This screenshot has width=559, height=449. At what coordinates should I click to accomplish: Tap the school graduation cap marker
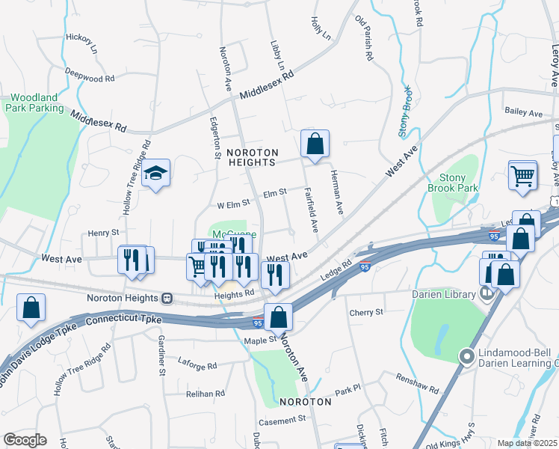(x=155, y=174)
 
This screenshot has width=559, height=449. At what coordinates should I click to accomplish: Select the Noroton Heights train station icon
(x=168, y=298)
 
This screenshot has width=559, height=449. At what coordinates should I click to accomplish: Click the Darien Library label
(x=444, y=294)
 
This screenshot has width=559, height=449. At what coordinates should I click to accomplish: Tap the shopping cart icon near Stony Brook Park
(x=522, y=175)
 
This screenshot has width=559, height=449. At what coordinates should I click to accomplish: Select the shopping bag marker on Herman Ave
(x=315, y=143)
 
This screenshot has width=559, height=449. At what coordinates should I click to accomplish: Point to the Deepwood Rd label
(x=90, y=75)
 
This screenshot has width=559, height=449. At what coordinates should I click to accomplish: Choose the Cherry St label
(x=366, y=311)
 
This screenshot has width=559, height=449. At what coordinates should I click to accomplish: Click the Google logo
(x=25, y=440)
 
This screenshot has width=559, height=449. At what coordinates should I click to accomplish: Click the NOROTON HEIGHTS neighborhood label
(x=252, y=156)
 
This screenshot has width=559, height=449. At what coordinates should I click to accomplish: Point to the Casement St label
(x=282, y=419)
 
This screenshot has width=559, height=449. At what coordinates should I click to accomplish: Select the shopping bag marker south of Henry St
(x=31, y=308)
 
